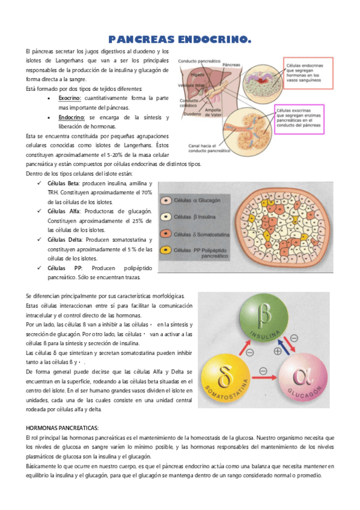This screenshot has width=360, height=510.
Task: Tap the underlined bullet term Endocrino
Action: pyautogui.click(x=71, y=117)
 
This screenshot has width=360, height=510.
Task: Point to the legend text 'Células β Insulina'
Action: pyautogui.click(x=192, y=216)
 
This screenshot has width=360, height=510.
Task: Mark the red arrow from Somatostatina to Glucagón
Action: pyautogui.click(x=264, y=379)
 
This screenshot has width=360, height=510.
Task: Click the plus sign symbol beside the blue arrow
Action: pyautogui.click(x=278, y=351)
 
